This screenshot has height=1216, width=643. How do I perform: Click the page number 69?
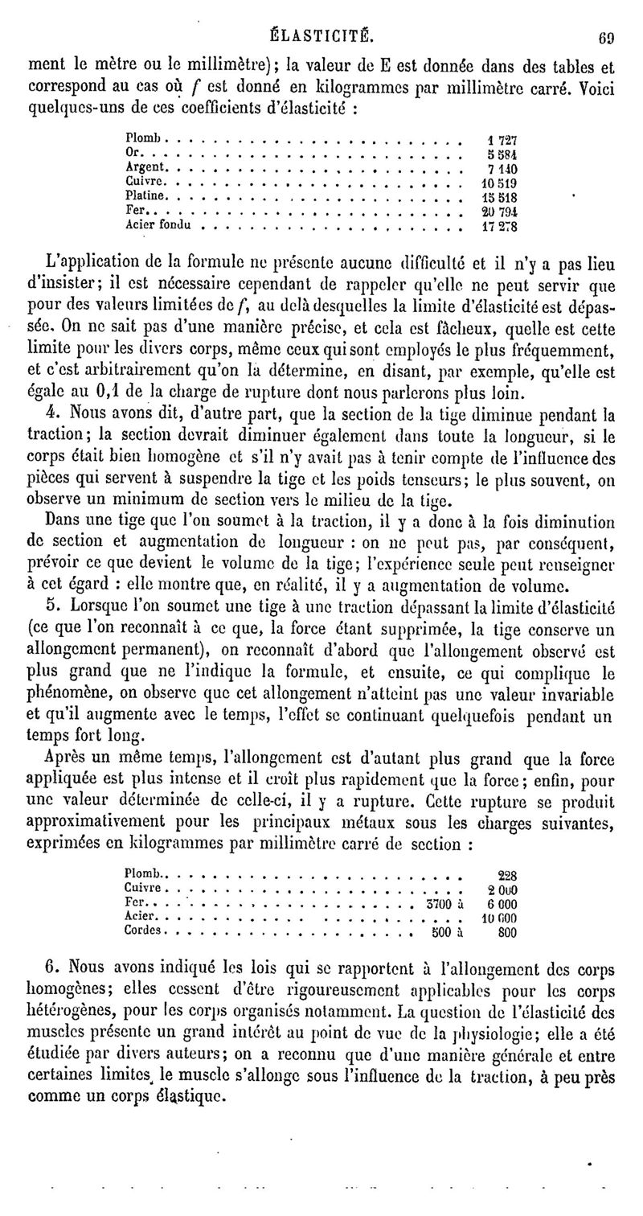[x=606, y=36]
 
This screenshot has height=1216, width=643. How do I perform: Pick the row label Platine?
[x=147, y=195]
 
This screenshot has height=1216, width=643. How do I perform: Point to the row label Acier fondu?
[x=158, y=225]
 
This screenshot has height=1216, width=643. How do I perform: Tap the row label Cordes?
[x=145, y=931]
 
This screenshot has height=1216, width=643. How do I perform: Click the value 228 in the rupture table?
[x=507, y=876]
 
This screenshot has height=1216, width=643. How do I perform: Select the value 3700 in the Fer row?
[x=436, y=904]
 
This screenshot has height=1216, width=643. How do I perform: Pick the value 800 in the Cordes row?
[x=506, y=933]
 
